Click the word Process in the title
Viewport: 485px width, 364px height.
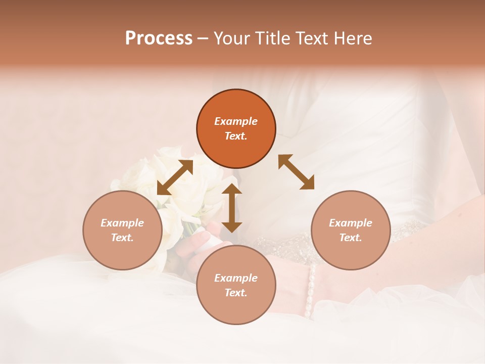click(159, 38)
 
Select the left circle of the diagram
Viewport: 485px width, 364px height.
click(122, 230)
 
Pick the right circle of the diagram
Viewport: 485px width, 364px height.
click(351, 230)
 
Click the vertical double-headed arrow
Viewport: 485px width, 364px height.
click(232, 208)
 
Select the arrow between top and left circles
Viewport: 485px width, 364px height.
click(175, 177)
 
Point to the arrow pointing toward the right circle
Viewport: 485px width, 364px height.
click(296, 172)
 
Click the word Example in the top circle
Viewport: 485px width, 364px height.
click(236, 121)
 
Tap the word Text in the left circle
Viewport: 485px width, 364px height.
click(122, 238)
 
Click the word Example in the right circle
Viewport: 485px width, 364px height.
click(351, 223)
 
